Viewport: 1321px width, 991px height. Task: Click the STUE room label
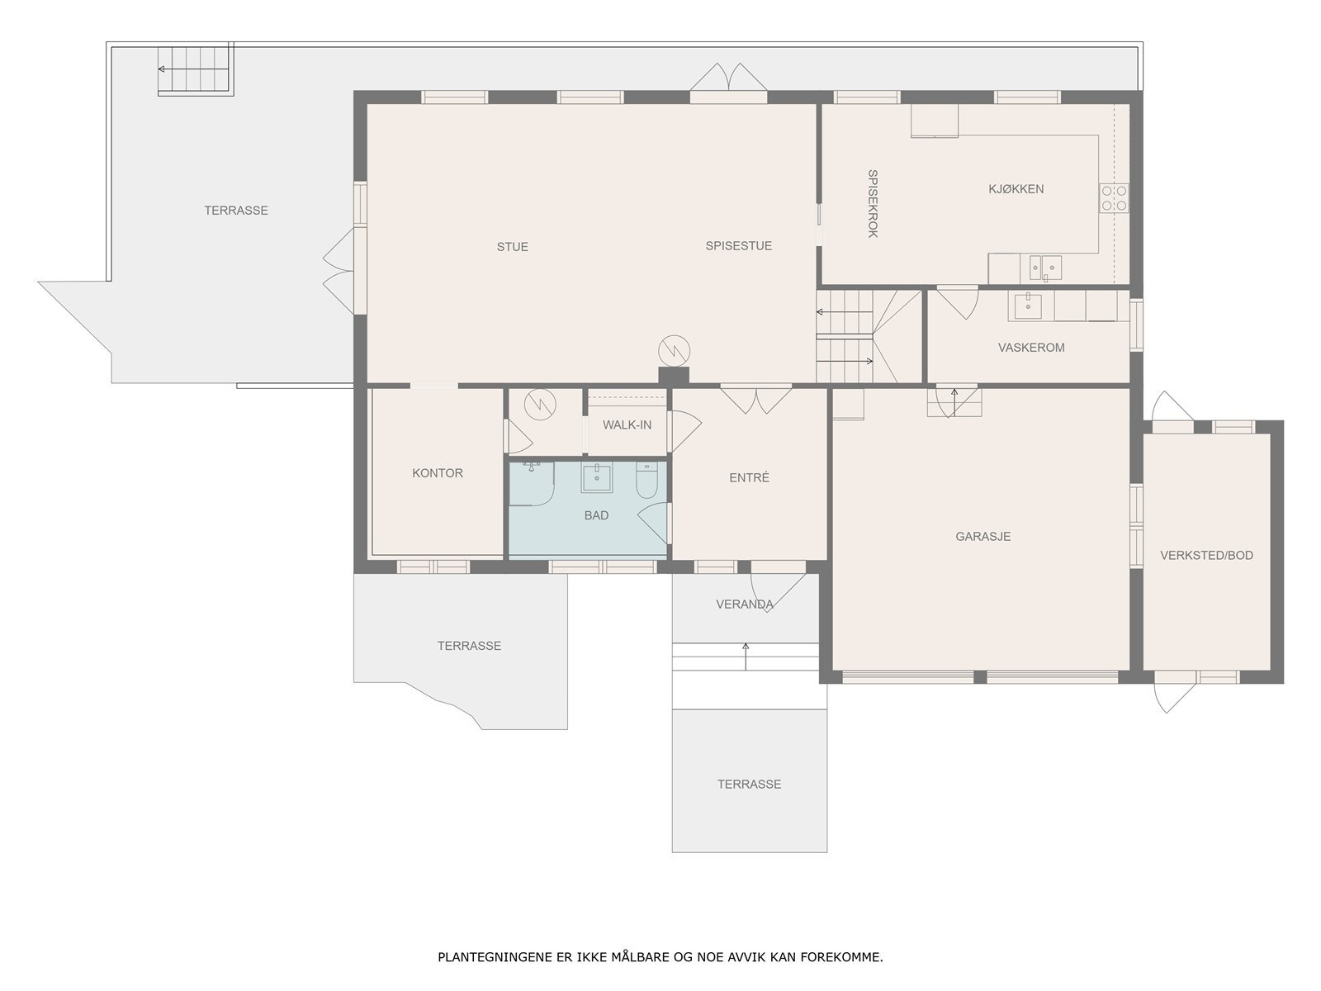[x=512, y=247]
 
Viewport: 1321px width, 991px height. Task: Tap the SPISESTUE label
[x=738, y=245]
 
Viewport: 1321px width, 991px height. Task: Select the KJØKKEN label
[x=1016, y=189]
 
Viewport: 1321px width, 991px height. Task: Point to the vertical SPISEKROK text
[x=873, y=203]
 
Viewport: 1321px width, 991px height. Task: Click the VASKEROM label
[x=1031, y=347]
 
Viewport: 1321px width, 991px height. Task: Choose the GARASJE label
[x=982, y=536]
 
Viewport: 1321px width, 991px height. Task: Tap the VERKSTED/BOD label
[x=1206, y=555]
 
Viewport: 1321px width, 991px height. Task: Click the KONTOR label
[x=438, y=473]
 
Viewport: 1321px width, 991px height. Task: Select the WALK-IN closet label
[x=627, y=424]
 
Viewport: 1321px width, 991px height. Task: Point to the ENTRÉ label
[x=749, y=477]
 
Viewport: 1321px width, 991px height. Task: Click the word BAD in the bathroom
[x=596, y=515]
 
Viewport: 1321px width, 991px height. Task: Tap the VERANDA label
[x=745, y=605]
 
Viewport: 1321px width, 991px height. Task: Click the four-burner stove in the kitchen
[x=1114, y=198]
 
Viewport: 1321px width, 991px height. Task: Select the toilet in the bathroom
[x=647, y=480]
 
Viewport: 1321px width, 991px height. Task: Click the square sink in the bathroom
[x=596, y=478]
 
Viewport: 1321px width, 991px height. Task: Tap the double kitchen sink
[x=1045, y=268]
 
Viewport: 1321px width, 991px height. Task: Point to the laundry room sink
[x=1028, y=306]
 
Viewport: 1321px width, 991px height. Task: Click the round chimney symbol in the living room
[x=674, y=351]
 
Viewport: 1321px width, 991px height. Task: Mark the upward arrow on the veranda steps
[x=746, y=657]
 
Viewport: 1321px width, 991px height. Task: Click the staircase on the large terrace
[x=195, y=69]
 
